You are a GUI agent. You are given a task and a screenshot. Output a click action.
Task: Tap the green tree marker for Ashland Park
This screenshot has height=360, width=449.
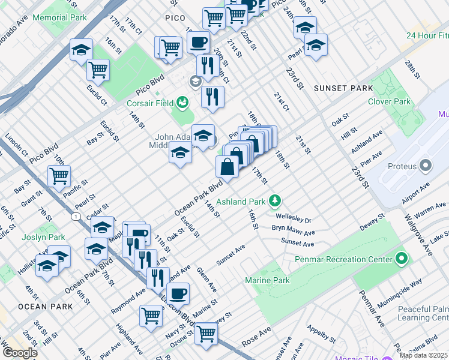coord(275,200)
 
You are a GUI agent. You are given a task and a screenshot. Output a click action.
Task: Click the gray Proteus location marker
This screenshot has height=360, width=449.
coord(426,164)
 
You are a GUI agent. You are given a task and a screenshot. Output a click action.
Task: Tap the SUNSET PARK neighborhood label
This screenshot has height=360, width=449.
coord(343,88)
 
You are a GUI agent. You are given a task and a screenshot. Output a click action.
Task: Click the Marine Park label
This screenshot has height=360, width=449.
coord(267,280)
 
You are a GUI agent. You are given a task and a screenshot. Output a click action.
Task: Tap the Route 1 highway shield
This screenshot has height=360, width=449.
coord(76,215)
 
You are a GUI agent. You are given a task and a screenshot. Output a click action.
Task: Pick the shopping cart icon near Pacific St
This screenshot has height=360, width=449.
coord(59,176)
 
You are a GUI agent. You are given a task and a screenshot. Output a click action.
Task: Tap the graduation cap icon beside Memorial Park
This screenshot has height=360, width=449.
coord(80,50)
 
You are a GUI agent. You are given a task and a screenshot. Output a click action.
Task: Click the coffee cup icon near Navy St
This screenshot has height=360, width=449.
coord(178,293)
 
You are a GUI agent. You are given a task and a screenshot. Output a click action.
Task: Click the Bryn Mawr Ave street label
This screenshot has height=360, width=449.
coord(293,232)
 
